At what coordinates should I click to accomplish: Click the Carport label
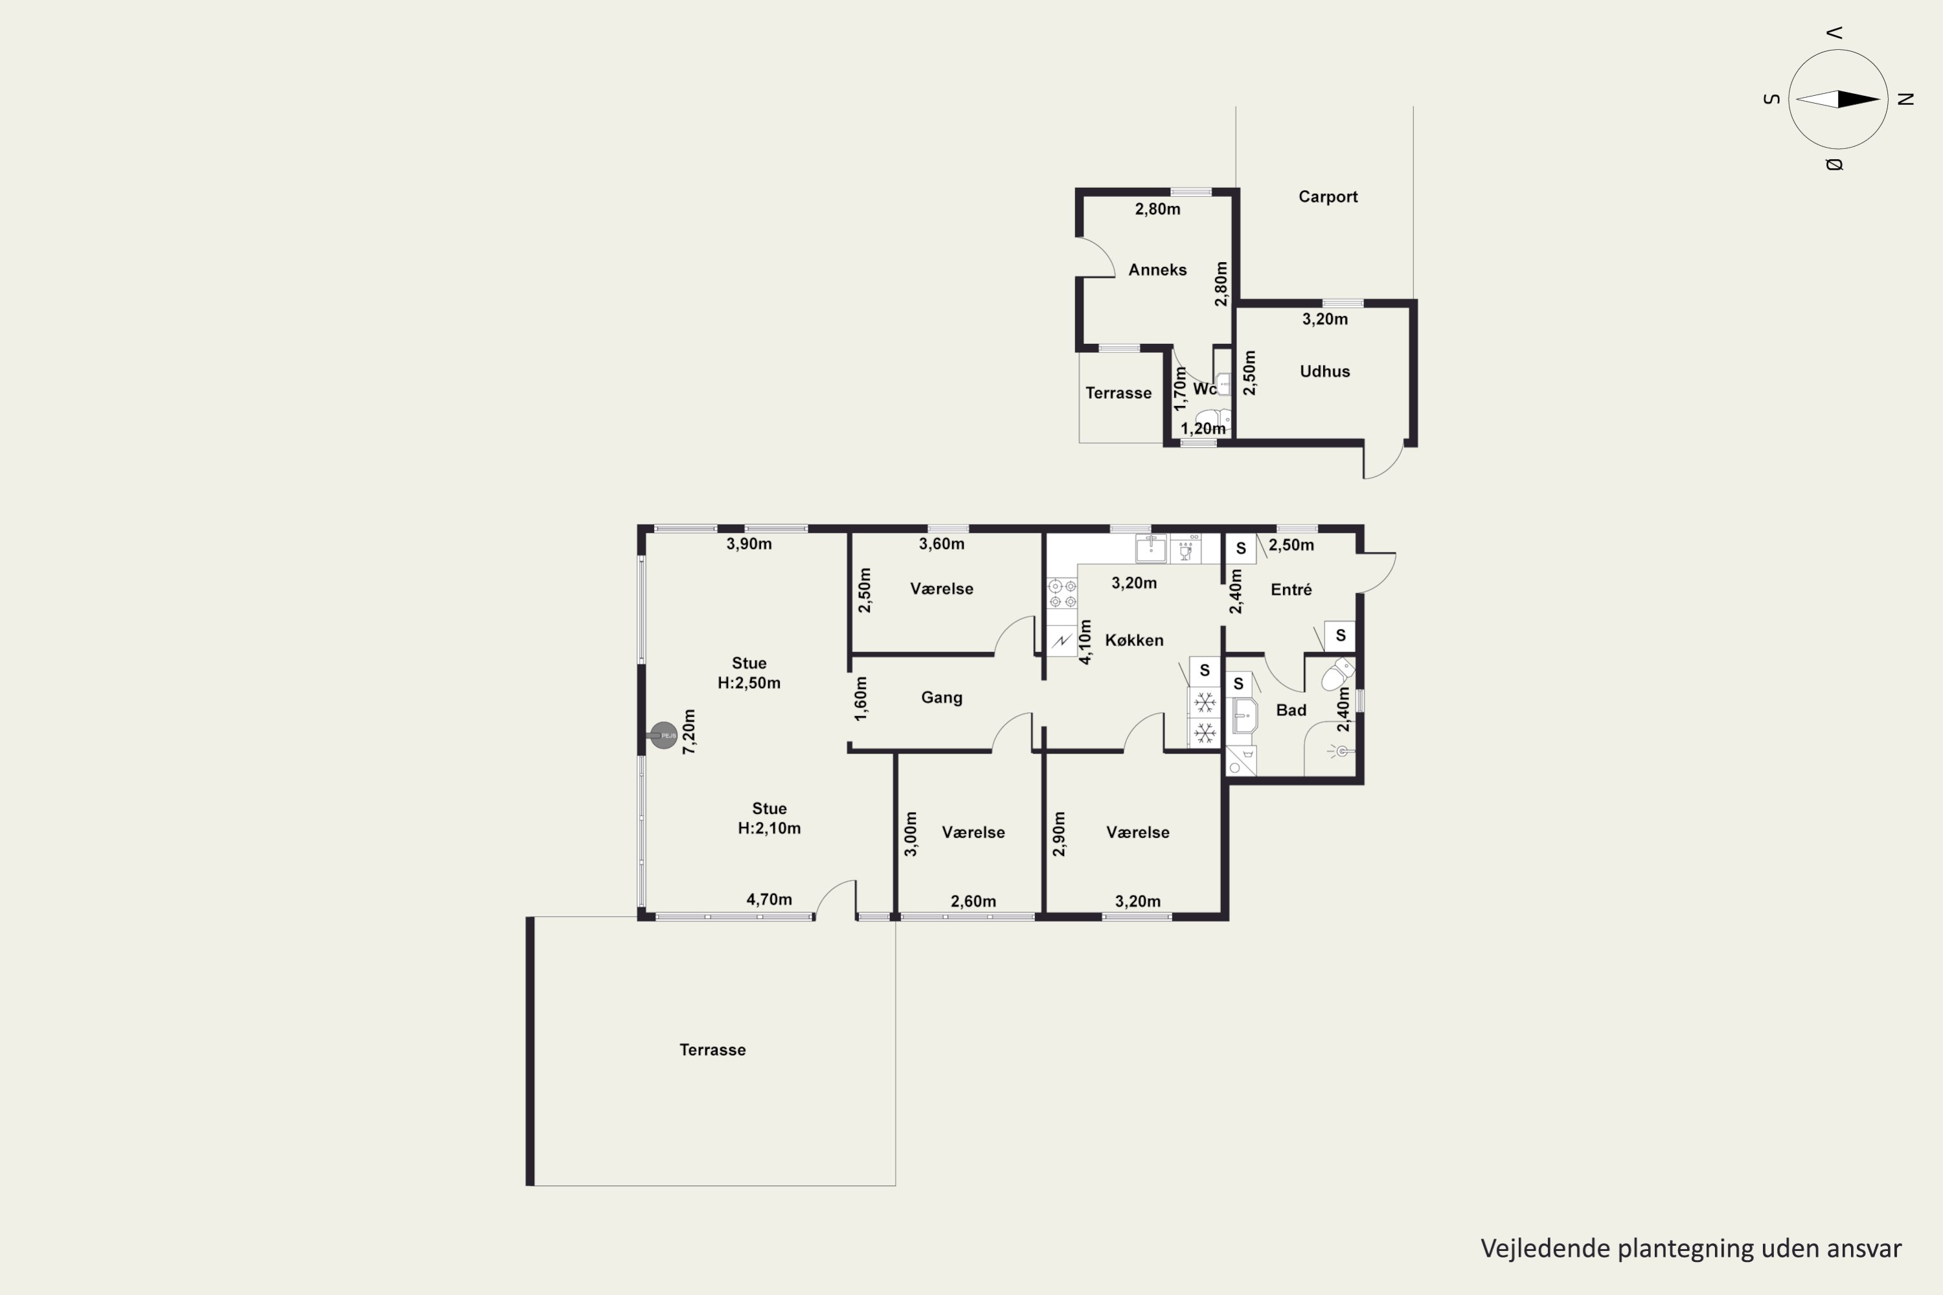point(1328,197)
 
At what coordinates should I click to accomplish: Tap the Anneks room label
point(1157,269)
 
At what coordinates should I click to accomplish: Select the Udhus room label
point(1324,371)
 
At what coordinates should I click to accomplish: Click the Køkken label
point(1133,640)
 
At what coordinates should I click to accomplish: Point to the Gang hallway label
point(942,698)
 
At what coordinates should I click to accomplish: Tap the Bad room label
point(1291,710)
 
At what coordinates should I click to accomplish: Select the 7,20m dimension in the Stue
point(689,732)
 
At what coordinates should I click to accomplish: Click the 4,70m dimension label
point(769,899)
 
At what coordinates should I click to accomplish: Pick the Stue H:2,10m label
point(769,818)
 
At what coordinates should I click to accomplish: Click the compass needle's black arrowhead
point(1859,100)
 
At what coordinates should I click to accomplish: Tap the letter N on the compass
point(1906,99)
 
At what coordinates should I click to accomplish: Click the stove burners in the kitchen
point(1062,594)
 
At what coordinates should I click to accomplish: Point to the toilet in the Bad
point(1337,674)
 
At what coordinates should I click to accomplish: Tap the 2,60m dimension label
point(973,901)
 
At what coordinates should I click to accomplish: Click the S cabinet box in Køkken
point(1205,671)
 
